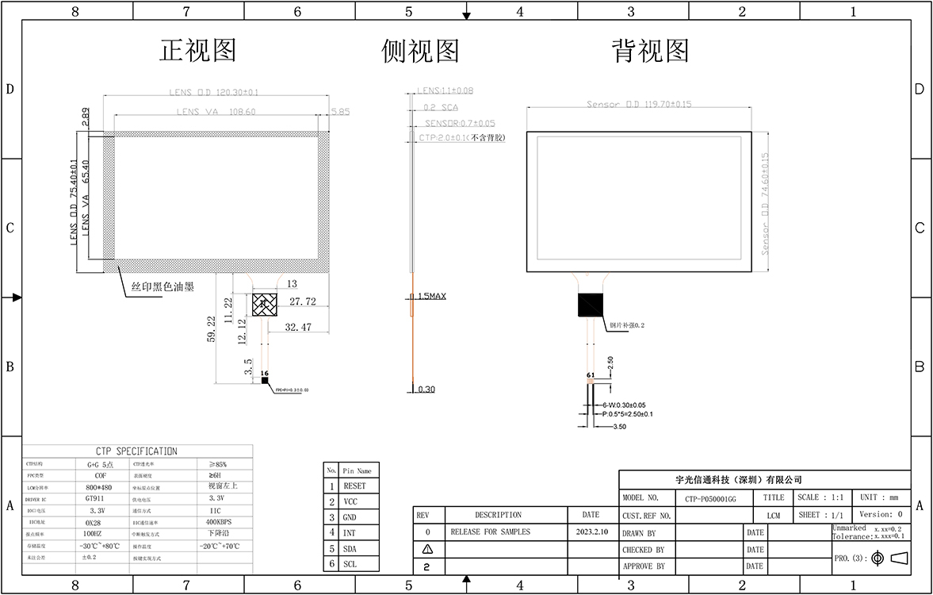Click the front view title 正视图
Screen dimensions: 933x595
coord(198,51)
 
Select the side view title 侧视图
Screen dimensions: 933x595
coord(420,51)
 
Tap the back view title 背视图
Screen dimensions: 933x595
coord(650,51)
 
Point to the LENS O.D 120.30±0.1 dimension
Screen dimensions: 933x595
coord(214,92)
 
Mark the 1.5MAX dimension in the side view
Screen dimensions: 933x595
coord(430,297)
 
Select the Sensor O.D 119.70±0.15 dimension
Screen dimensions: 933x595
coord(639,104)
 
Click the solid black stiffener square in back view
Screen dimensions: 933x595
coord(591,305)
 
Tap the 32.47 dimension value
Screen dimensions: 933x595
coord(299,327)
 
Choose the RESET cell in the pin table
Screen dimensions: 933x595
coord(354,486)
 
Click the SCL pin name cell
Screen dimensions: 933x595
coord(350,564)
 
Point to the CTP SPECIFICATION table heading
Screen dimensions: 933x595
coord(137,451)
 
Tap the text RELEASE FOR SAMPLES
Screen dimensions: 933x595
coord(490,532)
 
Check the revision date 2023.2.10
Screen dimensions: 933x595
coord(591,532)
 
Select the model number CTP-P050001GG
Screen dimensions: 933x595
coord(710,499)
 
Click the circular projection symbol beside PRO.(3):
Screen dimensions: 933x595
coord(878,559)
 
